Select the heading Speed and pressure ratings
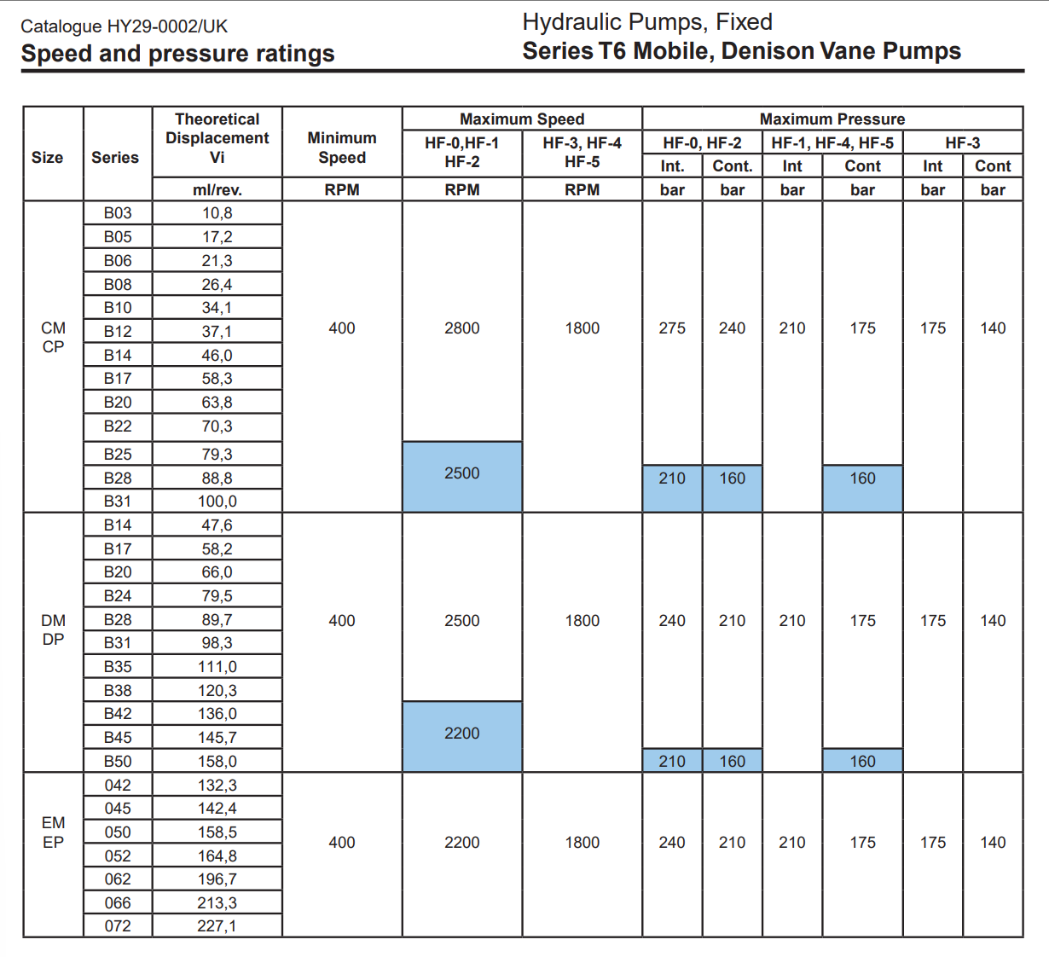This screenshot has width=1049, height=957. point(177,54)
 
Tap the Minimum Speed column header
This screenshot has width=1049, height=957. point(342,148)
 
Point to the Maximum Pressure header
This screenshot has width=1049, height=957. point(832,119)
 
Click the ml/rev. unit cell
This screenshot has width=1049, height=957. point(217,189)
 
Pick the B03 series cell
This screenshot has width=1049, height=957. point(118,213)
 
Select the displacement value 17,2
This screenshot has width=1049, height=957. point(217,237)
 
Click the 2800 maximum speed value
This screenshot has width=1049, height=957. point(462,328)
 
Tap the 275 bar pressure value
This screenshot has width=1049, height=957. point(672,328)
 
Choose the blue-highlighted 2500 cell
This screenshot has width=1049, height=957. point(462,473)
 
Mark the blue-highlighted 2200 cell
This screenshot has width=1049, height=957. point(462,734)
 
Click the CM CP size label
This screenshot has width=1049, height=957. point(53,338)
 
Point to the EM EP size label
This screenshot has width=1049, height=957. point(53,832)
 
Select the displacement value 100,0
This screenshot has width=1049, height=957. point(217,502)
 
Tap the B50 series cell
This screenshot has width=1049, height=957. point(118,762)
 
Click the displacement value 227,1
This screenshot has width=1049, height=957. point(217,926)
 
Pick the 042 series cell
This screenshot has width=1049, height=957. point(118,786)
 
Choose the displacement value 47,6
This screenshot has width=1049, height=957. point(217,525)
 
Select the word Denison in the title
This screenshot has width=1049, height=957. point(767,51)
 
